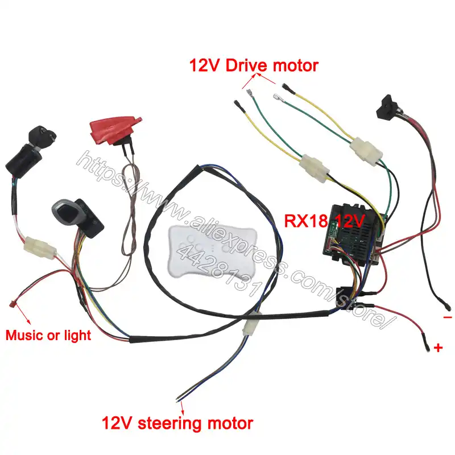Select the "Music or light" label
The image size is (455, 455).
48,335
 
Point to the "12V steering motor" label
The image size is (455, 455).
177,423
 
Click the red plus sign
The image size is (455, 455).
438,348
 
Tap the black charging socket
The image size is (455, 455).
389,105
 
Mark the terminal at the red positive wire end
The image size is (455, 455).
425,342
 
